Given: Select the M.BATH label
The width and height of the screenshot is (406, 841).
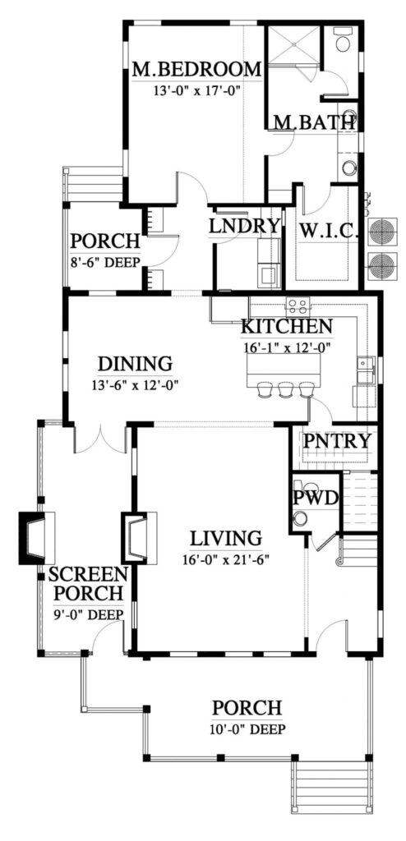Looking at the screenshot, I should coord(314,122).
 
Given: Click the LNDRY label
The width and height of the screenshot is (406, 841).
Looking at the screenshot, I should coord(245,226).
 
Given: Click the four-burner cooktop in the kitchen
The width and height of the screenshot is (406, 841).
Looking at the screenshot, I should coord(297,306).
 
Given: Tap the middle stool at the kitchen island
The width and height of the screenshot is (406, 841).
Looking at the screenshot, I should coord(285,388).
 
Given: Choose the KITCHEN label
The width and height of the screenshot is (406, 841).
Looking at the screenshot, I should coord(286,327).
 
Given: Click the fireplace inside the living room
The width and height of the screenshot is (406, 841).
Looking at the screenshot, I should coord(138,538).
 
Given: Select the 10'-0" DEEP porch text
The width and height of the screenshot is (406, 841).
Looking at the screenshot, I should coord(247,728).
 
